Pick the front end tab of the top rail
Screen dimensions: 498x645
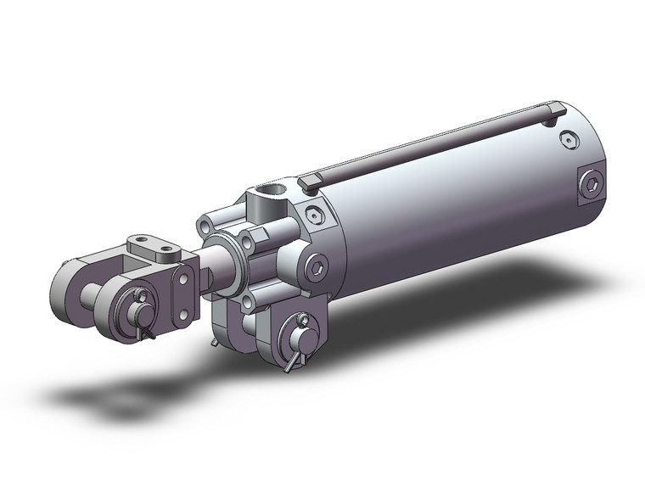point(311,180)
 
